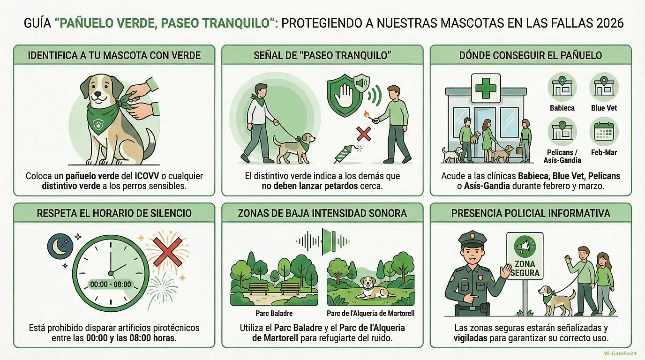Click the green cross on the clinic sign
tap(486, 88)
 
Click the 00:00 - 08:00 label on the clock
tap(111, 284)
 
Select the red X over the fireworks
tap(168, 252)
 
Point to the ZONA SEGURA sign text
tap(525, 268)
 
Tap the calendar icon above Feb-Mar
tap(604, 132)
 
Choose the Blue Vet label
tap(604, 108)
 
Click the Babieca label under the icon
tap(562, 108)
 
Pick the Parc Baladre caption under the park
tap(274, 313)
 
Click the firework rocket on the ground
tap(344, 155)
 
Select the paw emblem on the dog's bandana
tap(98, 124)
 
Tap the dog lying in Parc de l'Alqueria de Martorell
tap(373, 288)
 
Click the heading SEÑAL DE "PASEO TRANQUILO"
tap(322, 55)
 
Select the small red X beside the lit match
tap(364, 134)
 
